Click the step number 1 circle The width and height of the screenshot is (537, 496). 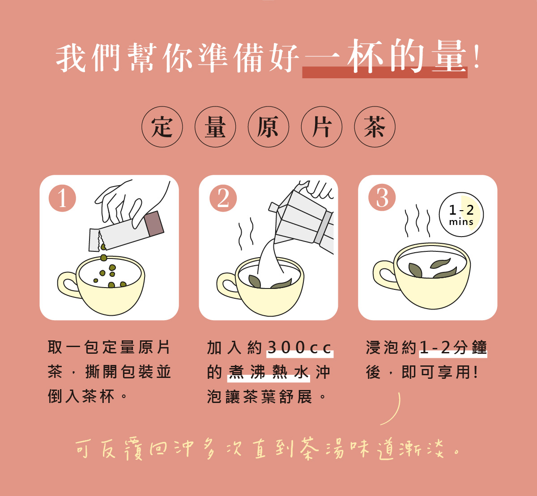pos(62,198)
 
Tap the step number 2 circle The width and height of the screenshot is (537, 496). pos(223,198)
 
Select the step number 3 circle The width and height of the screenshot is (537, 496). pos(382,198)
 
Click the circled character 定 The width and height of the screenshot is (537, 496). pos(162,127)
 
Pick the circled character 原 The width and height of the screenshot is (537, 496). pos(268,127)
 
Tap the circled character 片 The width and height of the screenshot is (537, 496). pos(322,127)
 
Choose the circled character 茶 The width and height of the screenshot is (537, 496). pos(375,127)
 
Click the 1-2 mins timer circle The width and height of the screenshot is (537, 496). pos(461,215)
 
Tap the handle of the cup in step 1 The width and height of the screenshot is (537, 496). pos(68,284)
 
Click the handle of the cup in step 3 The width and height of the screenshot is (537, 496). pos(384,274)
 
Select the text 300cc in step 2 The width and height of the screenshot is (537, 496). pos(299,348)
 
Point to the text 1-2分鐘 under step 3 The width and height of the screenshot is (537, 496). pos(453,348)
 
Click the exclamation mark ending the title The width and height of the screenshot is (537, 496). pos(477,57)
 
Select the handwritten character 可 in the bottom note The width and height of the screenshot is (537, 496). pos(82,449)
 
